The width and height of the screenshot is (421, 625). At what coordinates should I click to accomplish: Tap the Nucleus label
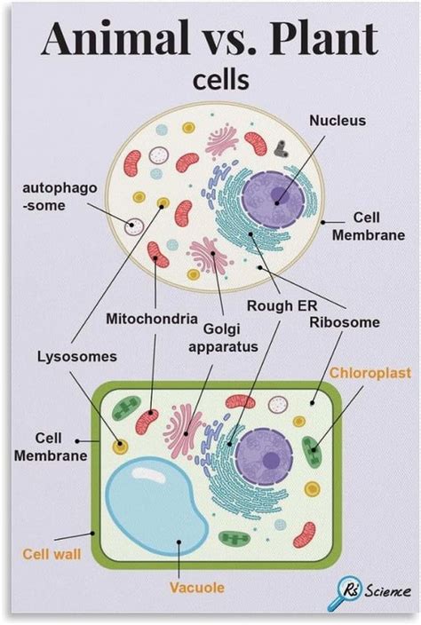[x=337, y=120]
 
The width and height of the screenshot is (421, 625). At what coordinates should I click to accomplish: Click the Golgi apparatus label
[x=223, y=336]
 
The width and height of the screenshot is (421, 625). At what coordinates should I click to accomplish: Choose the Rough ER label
[x=269, y=307]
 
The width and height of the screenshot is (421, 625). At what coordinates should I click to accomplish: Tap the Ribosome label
[x=344, y=321]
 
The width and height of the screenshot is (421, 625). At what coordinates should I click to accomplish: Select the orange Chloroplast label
[x=369, y=373]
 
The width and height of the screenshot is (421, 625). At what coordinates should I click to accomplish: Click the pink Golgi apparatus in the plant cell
[x=184, y=430]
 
